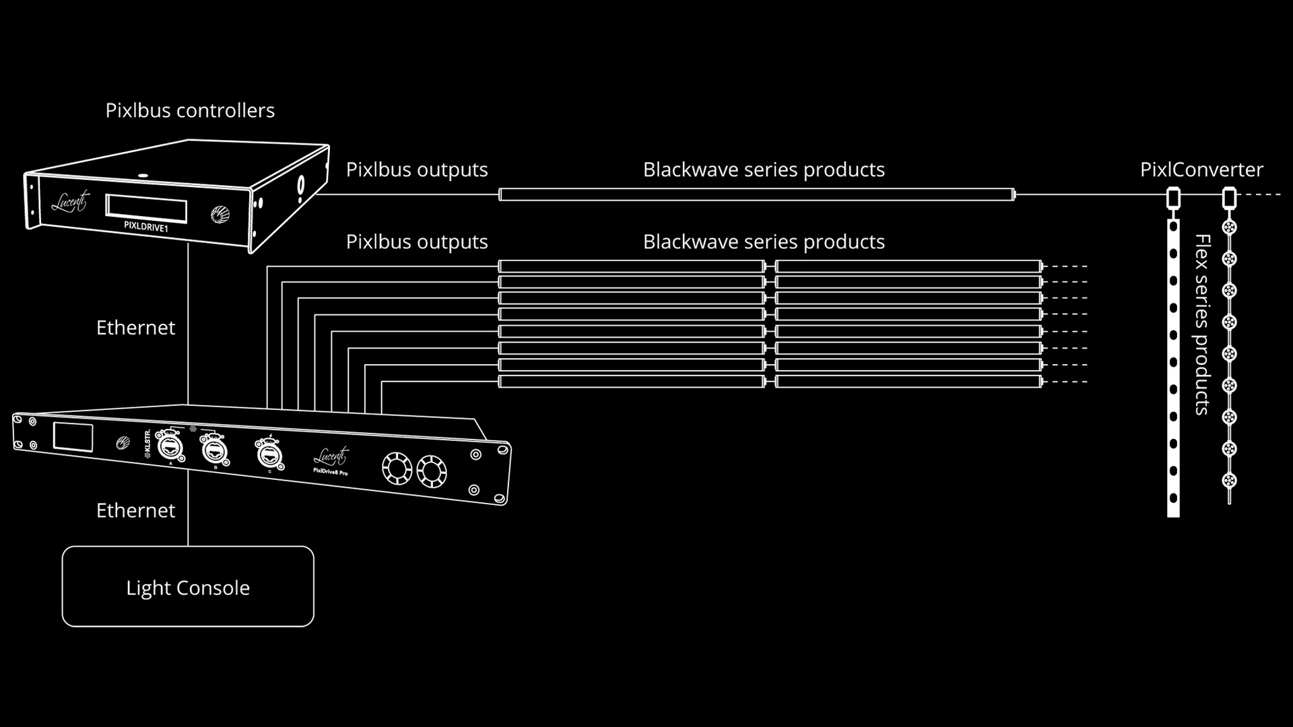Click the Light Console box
(188, 586)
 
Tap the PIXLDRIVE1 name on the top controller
(146, 228)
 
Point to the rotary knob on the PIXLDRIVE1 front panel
(220, 215)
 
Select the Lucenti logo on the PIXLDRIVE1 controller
(69, 201)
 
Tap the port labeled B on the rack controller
(214, 450)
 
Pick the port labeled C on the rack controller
(269, 453)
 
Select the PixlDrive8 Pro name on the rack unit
(331, 471)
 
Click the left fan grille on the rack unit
(397, 469)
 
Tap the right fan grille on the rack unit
(432, 471)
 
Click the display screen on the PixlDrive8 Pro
(73, 438)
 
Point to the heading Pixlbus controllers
(190, 110)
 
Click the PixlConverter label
(1201, 170)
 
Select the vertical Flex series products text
(1202, 324)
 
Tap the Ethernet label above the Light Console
(135, 510)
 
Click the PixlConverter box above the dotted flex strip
(1173, 198)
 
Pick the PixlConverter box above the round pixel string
(1229, 198)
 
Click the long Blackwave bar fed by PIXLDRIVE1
(757, 195)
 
